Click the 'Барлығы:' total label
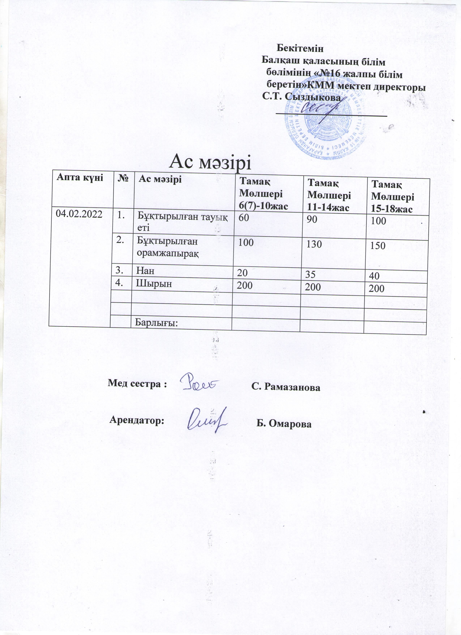[x=157, y=323]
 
